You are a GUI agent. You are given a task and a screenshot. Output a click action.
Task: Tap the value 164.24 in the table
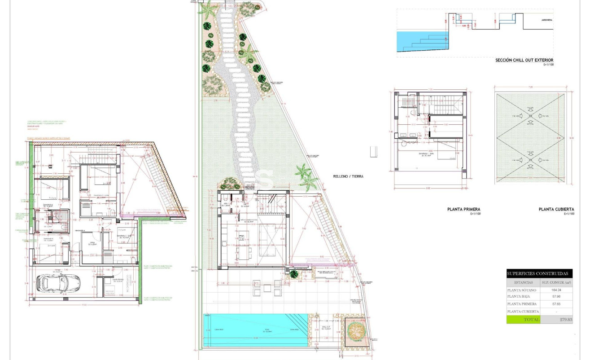[556, 290]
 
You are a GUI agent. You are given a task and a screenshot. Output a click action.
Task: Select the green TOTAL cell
[523, 320]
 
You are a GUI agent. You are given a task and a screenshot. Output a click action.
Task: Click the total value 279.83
[556, 320]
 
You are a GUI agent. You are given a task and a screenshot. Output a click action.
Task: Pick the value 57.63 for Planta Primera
[556, 304]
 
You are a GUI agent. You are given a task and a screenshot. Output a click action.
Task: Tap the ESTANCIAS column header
[523, 283]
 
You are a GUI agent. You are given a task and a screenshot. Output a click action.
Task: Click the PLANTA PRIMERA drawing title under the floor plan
[464, 209]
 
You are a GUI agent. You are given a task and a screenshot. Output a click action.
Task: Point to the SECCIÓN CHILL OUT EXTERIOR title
[524, 60]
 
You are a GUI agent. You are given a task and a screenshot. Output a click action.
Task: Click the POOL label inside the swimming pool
[255, 330]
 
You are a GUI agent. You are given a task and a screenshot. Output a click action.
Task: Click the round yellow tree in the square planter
[356, 331]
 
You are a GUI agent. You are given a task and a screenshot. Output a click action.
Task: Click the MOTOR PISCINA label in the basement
[110, 292]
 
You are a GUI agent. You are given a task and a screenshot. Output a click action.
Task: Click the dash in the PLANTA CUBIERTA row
[556, 312]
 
